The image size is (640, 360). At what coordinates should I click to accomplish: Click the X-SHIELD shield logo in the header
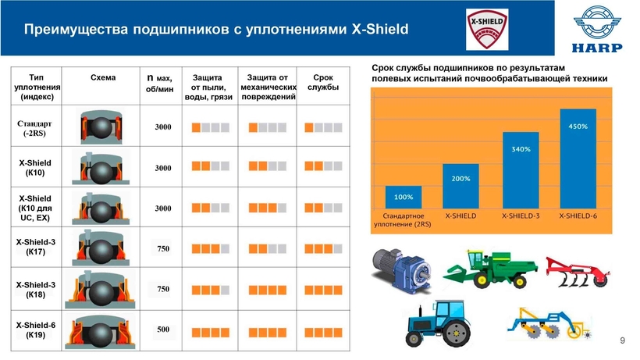(x=487, y=30)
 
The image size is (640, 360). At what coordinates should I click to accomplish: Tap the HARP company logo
(x=597, y=30)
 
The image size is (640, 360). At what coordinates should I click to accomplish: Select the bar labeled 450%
(x=578, y=159)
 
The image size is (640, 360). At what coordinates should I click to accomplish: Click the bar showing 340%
(x=521, y=170)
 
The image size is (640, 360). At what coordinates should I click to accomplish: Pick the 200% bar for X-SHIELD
(x=460, y=186)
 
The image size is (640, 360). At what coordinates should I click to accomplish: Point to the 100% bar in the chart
(x=404, y=198)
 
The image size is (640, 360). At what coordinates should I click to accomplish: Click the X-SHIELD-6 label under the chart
(x=578, y=216)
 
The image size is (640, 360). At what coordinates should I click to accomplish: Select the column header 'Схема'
(x=103, y=77)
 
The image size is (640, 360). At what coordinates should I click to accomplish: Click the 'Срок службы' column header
(x=323, y=82)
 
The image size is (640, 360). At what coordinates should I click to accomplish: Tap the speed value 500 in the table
(x=163, y=330)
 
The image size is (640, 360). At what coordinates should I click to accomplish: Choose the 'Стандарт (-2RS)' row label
(x=34, y=128)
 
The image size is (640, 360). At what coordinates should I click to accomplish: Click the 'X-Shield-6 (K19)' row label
(x=35, y=330)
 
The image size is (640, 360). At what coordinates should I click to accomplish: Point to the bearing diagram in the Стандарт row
(x=101, y=127)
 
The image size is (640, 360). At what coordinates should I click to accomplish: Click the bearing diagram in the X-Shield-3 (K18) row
(x=100, y=290)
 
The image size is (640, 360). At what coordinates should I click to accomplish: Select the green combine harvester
(x=491, y=269)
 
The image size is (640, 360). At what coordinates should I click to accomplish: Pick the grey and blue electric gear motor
(x=401, y=269)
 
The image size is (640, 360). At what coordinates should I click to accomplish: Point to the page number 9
(x=622, y=340)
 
